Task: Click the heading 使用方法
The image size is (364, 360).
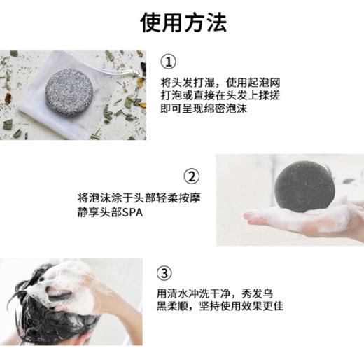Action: click(183, 22)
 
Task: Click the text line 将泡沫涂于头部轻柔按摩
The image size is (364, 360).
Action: click(139, 198)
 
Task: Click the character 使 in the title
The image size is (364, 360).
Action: click(150, 22)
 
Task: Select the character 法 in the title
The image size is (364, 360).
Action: click(216, 22)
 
